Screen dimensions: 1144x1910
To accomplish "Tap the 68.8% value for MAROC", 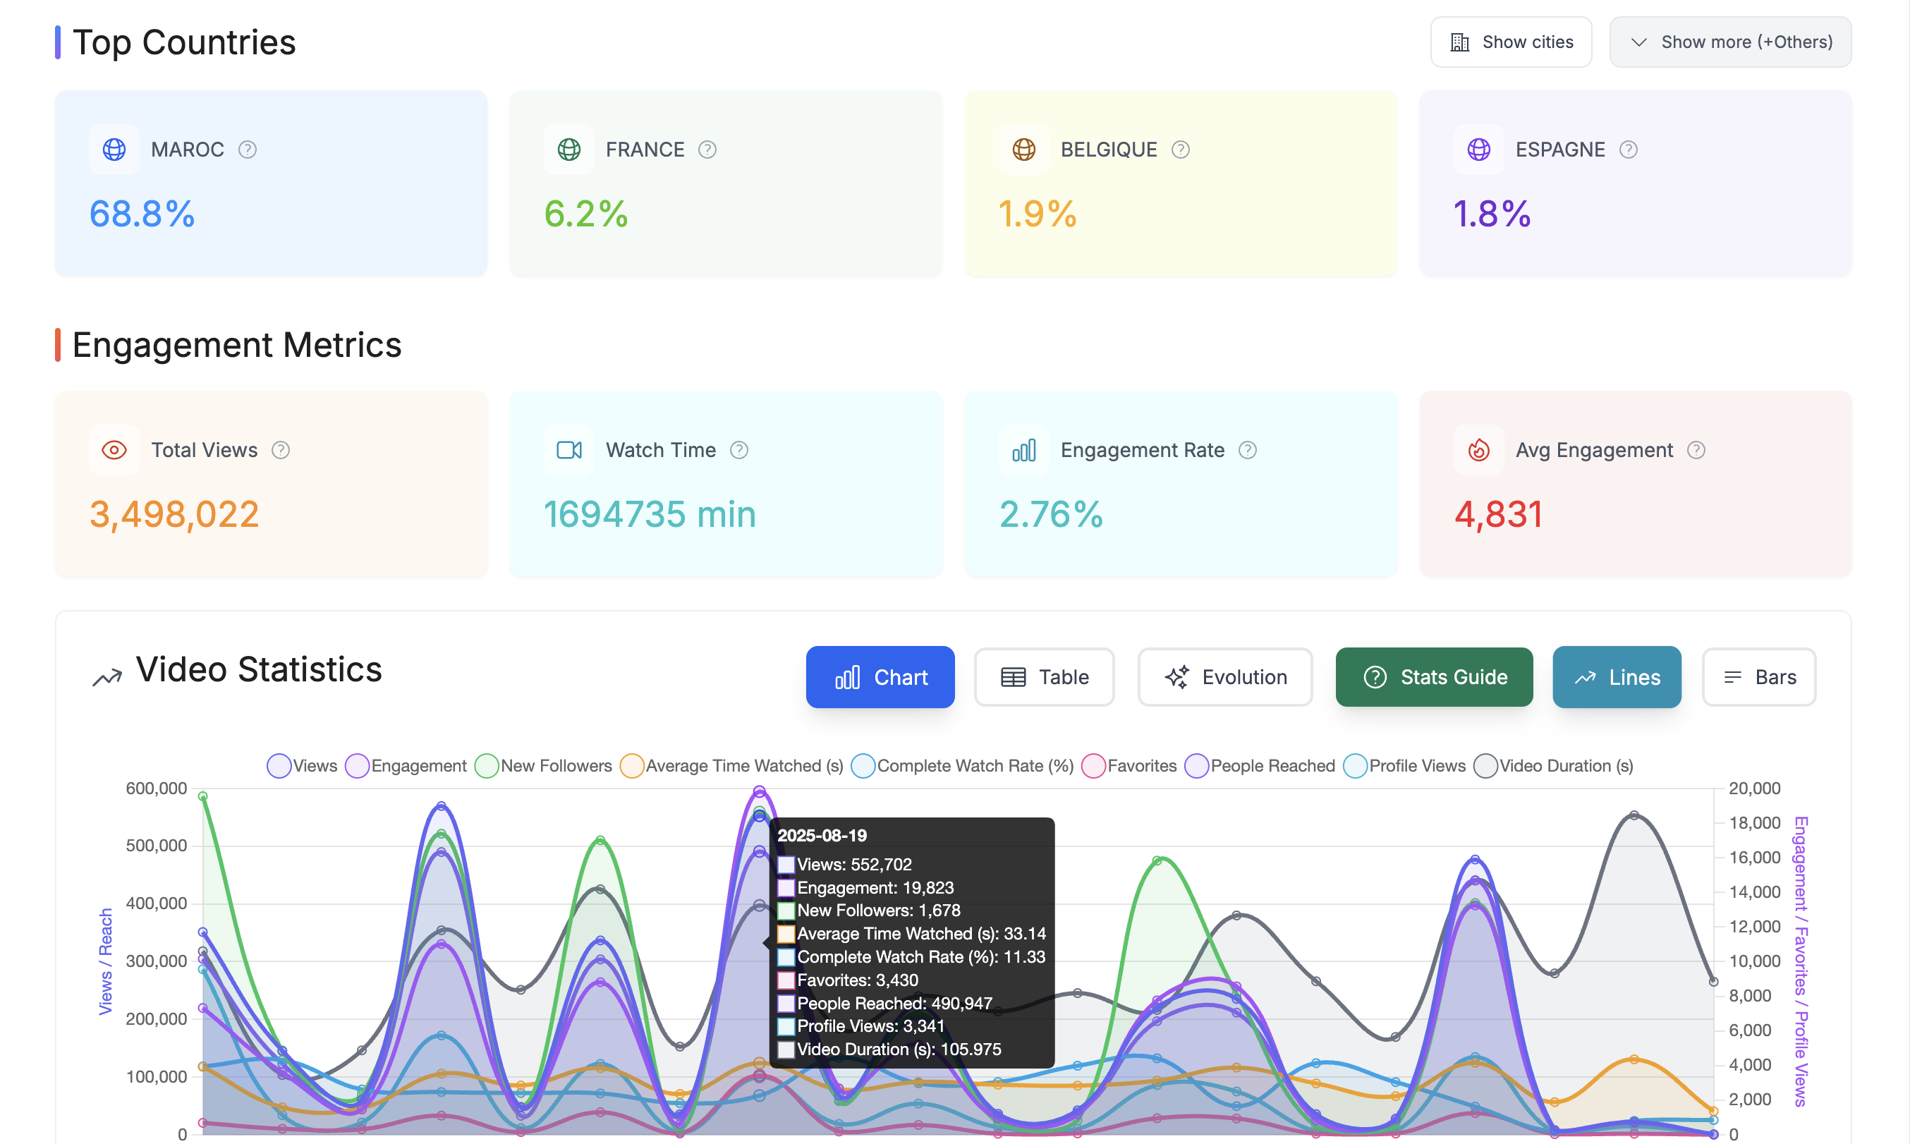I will (x=142, y=214).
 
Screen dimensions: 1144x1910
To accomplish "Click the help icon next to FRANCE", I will (x=707, y=150).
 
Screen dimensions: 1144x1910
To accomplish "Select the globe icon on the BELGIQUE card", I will (x=1023, y=150).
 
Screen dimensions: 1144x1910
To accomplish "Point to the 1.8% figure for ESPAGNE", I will (x=1491, y=214).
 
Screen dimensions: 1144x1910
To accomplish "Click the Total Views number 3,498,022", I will (x=174, y=514).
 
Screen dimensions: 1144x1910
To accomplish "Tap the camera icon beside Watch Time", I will (x=568, y=450).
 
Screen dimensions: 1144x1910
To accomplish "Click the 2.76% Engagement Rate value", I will (x=1051, y=514).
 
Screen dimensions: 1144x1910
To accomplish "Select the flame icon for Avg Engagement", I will (x=1478, y=450).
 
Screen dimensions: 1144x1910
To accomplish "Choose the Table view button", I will (x=1044, y=677).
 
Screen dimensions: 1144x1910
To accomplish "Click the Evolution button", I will (x=1224, y=677).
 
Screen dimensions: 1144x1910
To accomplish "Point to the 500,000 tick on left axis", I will (x=157, y=846).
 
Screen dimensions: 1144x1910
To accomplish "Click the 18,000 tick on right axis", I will (x=1753, y=822).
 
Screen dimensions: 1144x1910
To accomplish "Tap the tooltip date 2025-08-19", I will (x=822, y=836).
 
